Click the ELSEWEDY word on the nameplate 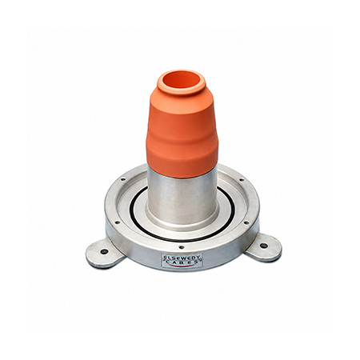pos(182,258)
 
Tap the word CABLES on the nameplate pos(182,262)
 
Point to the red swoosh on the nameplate pos(182,266)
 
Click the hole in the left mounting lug pos(104,251)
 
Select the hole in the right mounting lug pos(263,246)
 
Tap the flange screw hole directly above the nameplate pos(182,247)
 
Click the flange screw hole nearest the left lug pos(117,222)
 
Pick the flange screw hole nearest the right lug pos(246,222)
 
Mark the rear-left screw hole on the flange pos(122,179)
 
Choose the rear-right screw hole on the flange pos(241,180)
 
